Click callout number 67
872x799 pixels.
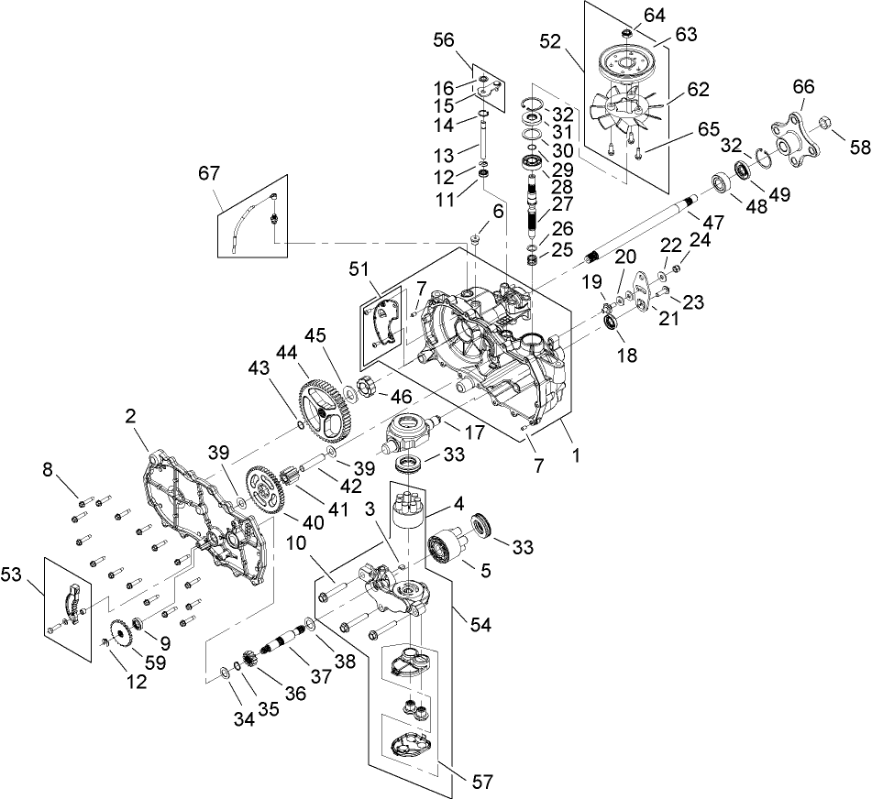209,173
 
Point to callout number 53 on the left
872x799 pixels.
36,574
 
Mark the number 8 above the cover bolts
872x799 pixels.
47,470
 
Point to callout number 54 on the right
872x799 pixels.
480,624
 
